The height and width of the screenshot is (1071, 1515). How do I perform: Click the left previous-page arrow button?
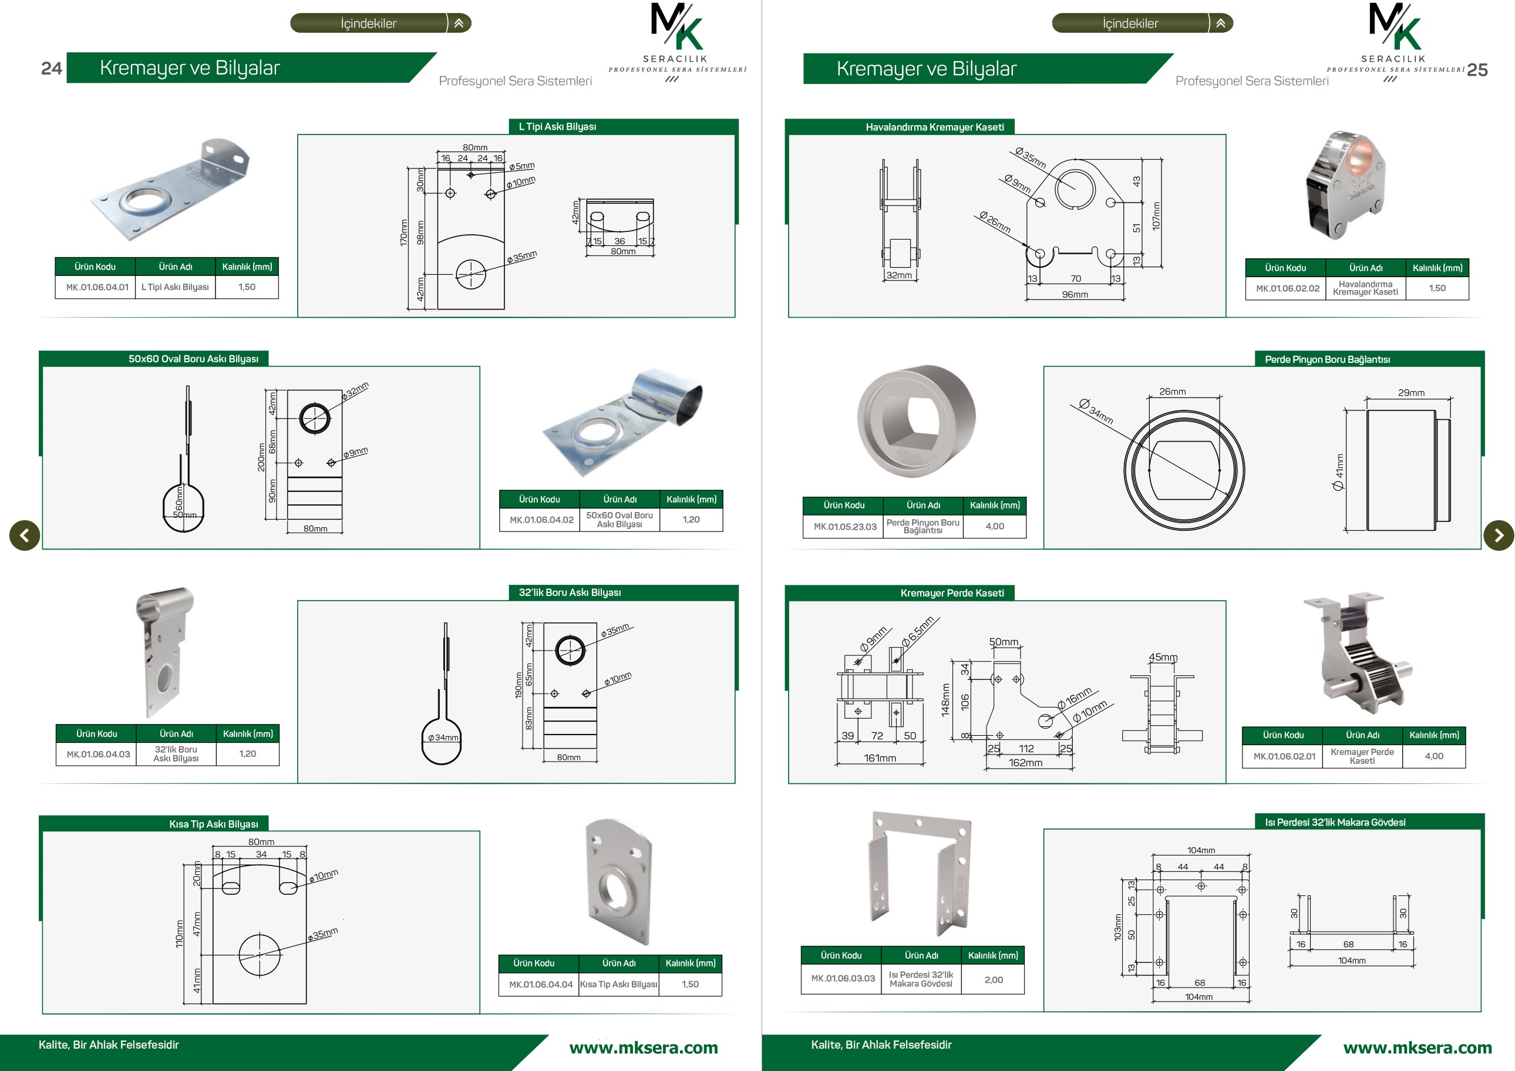coord(25,535)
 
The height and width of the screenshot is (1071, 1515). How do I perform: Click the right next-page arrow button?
coord(1499,535)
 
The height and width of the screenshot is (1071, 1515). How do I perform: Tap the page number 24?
coord(52,69)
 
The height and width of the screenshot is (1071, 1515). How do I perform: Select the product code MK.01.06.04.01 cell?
coord(97,287)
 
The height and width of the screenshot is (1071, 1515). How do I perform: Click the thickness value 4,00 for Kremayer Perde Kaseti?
coord(1433,756)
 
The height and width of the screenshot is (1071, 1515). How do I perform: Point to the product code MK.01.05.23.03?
coord(844,527)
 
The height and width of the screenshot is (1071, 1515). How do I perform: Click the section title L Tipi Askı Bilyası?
coord(558,127)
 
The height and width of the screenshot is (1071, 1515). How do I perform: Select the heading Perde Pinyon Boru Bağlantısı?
coord(1327,359)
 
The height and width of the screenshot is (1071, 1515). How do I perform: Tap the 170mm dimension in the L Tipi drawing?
coord(404,233)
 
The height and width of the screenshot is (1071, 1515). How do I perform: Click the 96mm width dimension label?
coord(1075,295)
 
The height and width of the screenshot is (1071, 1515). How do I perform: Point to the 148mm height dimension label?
coord(945,700)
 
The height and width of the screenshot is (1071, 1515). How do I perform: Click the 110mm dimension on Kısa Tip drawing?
coord(180,934)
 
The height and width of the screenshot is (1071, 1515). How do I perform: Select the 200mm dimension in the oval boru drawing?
coord(261,457)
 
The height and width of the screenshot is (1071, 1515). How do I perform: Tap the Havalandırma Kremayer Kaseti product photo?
coord(1346,186)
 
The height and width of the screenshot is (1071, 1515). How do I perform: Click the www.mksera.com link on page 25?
coord(1418,1048)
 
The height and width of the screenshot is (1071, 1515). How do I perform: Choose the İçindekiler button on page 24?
coord(381,23)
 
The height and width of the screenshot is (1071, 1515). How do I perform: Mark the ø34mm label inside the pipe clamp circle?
coord(443,737)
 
